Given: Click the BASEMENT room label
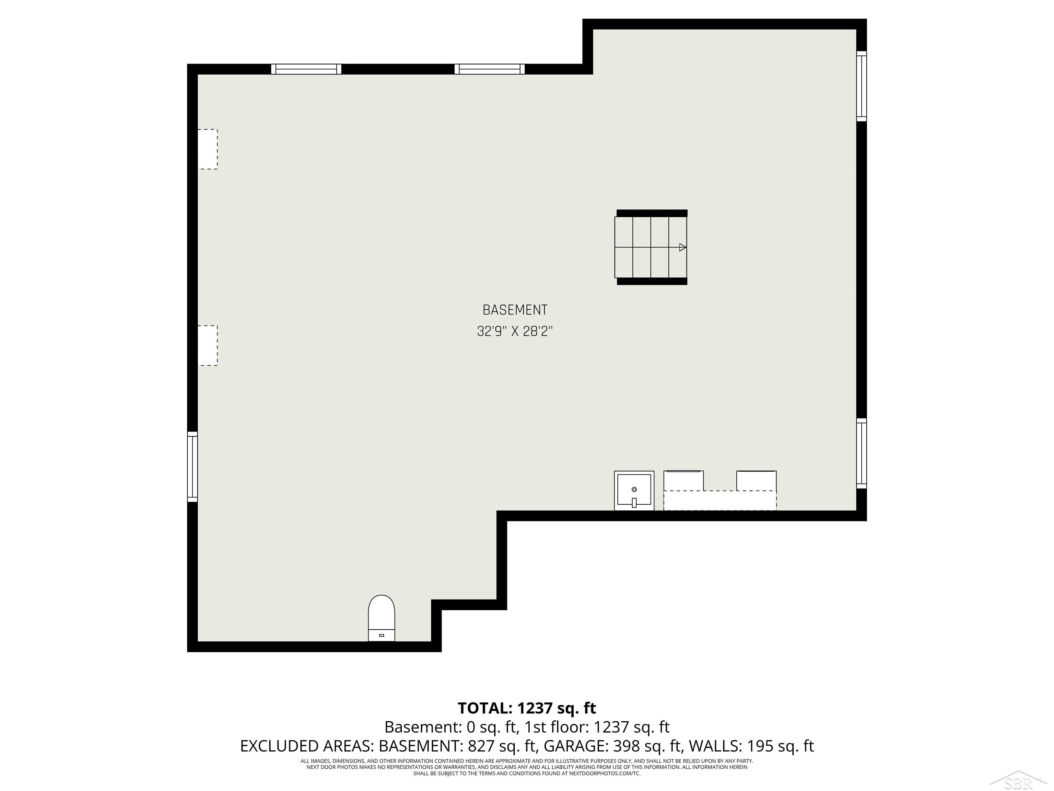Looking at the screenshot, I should pos(515,310).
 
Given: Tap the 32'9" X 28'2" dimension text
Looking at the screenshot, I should pos(515,331).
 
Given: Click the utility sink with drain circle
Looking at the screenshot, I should pos(634,490).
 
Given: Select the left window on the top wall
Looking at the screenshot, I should pos(306,69).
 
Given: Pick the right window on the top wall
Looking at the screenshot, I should pos(489,69).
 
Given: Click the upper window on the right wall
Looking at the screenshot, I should pos(862,86).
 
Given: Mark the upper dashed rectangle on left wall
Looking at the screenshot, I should pos(208,149).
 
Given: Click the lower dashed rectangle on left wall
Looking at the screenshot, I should pos(208,346).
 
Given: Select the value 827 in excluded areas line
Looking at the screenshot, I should pos(482,746).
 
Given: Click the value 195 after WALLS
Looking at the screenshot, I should pos(760,746).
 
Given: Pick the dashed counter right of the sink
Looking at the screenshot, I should pos(719,500).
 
